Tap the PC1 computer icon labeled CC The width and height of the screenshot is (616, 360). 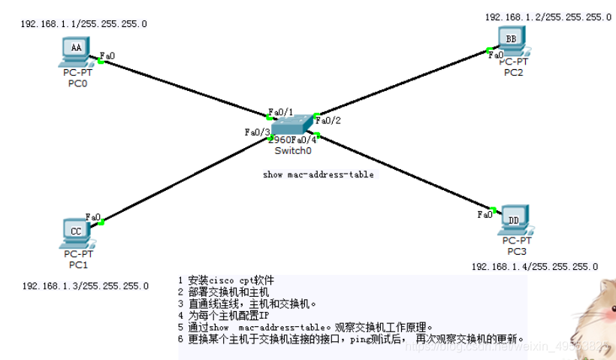[76, 232]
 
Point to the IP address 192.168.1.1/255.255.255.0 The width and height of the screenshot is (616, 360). [83, 24]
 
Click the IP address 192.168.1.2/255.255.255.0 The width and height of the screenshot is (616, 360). [548, 17]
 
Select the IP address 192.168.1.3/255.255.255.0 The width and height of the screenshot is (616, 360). [86, 286]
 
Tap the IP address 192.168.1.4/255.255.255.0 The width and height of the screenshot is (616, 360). [534, 267]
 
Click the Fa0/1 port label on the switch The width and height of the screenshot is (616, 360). [280, 111]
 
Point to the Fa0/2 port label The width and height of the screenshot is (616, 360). [328, 120]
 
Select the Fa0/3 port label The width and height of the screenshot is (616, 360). [257, 132]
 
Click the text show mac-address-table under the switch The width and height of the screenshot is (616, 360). [318, 175]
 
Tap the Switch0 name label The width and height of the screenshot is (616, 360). [292, 151]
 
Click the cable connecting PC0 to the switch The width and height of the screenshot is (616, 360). [184, 89]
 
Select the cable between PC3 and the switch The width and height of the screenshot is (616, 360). [406, 173]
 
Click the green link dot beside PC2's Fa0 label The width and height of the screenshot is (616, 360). [488, 50]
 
